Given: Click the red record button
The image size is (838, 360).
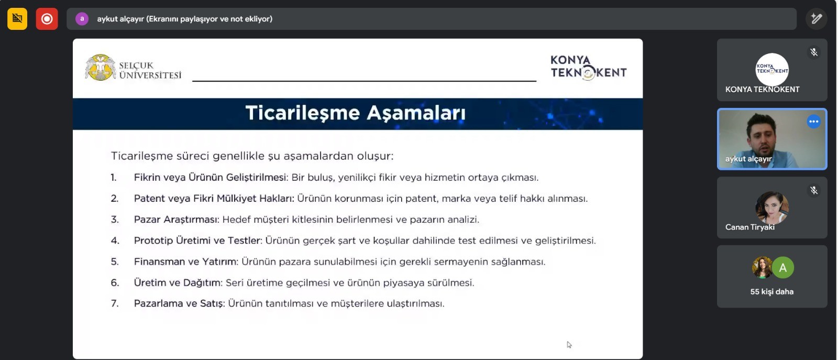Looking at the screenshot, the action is pyautogui.click(x=47, y=19).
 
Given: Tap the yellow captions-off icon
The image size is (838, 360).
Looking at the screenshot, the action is pyautogui.click(x=17, y=19).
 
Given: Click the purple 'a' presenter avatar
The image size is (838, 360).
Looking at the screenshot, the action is pyautogui.click(x=82, y=19).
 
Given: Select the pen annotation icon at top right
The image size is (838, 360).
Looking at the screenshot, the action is pyautogui.click(x=817, y=19).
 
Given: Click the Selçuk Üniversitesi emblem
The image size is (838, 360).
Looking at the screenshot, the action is pyautogui.click(x=100, y=68).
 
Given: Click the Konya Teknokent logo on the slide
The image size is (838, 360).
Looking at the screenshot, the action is pyautogui.click(x=589, y=68).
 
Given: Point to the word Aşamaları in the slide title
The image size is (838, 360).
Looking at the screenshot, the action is pyautogui.click(x=416, y=113).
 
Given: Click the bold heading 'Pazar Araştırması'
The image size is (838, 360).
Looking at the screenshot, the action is pyautogui.click(x=176, y=219).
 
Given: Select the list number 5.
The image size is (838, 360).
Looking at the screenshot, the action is pyautogui.click(x=115, y=261).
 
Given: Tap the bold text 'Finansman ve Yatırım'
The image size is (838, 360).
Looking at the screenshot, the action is pyautogui.click(x=185, y=261).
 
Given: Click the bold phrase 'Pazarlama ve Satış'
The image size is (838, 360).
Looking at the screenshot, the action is pyautogui.click(x=179, y=303).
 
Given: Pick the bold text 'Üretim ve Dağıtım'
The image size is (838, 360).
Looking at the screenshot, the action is pyautogui.click(x=178, y=282).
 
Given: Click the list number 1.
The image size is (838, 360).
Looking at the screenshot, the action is pyautogui.click(x=114, y=178).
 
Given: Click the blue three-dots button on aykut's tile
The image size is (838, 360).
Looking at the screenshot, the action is pyautogui.click(x=814, y=122).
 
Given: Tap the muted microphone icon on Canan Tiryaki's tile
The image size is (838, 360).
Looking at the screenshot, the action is pyautogui.click(x=814, y=190).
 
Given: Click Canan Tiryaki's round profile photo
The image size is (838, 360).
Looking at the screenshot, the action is pyautogui.click(x=772, y=208).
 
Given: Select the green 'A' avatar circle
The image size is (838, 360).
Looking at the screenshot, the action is pyautogui.click(x=782, y=268).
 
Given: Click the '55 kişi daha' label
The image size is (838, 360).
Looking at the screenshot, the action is pyautogui.click(x=772, y=292).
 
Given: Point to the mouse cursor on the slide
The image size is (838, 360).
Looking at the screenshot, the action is pyautogui.click(x=569, y=345).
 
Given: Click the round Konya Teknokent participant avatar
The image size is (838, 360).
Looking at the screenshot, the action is pyautogui.click(x=772, y=70).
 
